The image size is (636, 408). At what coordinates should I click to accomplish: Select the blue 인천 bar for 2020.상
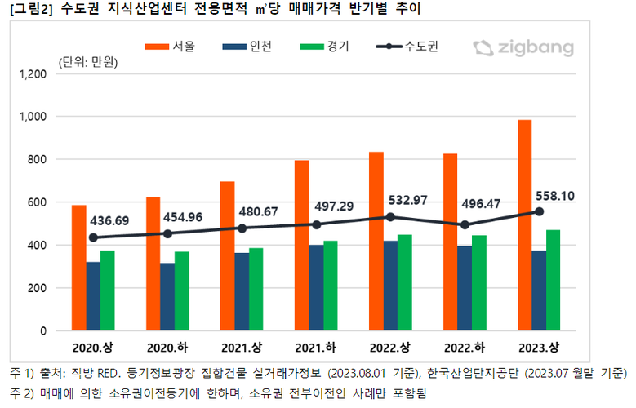pos(93,296)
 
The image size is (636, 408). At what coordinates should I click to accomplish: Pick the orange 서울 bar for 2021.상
pos(227,256)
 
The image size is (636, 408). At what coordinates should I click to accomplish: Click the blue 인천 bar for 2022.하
pos(464,289)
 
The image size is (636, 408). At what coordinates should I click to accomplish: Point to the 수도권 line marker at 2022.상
pos(390,217)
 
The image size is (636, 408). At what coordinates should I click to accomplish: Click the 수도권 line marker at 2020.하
pos(167,233)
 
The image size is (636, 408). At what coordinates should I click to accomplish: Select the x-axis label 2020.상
pos(93,345)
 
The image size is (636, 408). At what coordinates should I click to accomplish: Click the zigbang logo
pos(523,47)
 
